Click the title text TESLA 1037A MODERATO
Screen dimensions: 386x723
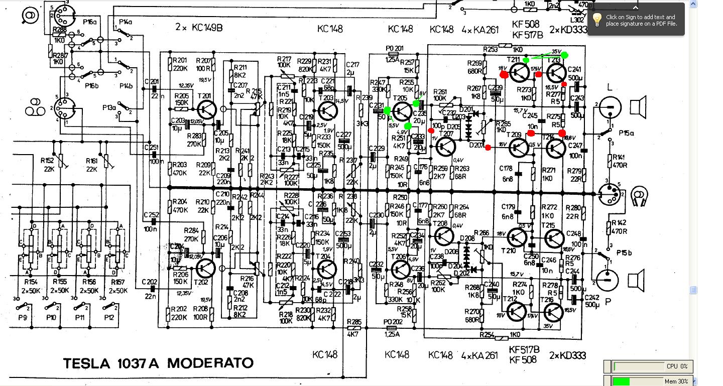click(158, 363)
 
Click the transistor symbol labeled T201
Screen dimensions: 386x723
click(206, 108)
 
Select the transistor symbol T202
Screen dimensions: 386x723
click(206, 269)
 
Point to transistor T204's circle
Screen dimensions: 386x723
click(327, 269)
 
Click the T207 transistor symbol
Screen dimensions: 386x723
click(445, 146)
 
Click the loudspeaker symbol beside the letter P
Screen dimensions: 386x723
click(637, 280)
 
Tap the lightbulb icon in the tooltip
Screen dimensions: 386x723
click(597, 20)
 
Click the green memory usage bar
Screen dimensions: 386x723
click(621, 381)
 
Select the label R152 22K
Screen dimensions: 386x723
click(48, 165)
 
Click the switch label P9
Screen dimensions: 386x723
click(22, 318)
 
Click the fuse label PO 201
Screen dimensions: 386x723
click(395, 48)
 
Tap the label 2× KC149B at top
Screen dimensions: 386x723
click(198, 28)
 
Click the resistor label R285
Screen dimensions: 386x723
click(354, 322)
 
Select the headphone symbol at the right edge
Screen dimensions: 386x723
click(640, 196)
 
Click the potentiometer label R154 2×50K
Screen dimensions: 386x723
click(32, 286)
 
